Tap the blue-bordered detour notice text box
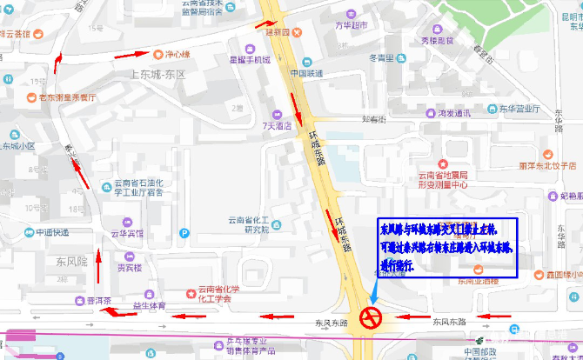coord(446,248)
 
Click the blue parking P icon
coord(184,232)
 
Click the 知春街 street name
coord(374,119)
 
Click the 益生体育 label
coord(149,305)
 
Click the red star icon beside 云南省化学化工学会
coord(191,290)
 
